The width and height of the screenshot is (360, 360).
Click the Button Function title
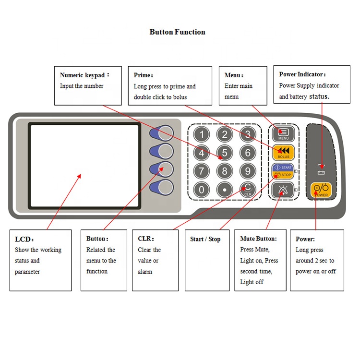pos(177,32)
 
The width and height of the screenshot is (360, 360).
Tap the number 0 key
pos(202,189)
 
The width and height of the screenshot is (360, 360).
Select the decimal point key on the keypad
pos(224,189)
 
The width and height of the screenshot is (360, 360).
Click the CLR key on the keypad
pos(247,189)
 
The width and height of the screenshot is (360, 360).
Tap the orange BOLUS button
pos(283,152)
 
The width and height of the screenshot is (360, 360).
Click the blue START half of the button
pos(283,168)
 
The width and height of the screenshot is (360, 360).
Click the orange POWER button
pos(321,190)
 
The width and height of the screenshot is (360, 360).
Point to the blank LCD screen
pos(84,166)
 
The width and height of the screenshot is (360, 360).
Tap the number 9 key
pos(247,170)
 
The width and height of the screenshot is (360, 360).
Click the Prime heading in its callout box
pos(143,75)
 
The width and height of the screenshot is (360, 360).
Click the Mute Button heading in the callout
pos(258,239)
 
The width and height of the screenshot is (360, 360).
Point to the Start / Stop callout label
pos(205,239)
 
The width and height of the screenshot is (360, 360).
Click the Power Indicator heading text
pos(302,74)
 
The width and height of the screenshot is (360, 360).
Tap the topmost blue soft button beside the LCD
pos(163,133)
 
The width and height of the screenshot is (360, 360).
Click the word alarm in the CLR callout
pos(145,272)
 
